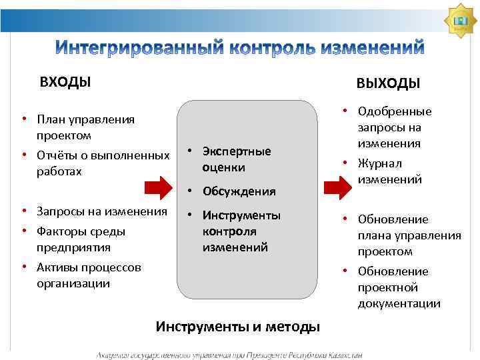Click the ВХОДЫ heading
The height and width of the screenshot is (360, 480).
click(65, 82)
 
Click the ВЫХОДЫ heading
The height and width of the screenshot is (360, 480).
click(388, 83)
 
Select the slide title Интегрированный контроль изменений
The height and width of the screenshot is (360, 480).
click(239, 48)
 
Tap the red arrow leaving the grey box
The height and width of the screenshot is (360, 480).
click(335, 188)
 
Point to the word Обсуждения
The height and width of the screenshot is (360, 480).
click(239, 191)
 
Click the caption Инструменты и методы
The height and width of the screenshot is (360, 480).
click(237, 327)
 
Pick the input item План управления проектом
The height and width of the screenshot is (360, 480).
click(85, 127)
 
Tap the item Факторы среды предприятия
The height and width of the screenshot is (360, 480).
click(81, 239)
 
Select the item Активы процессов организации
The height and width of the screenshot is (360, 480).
click(89, 275)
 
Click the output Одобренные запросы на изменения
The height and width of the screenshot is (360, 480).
click(394, 127)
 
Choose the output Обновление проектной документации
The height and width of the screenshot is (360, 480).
click(399, 287)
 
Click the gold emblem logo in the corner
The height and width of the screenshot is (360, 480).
click(459, 21)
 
